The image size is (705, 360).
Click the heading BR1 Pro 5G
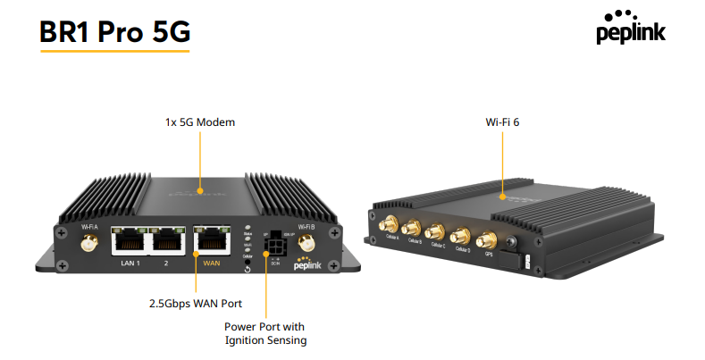click(x=114, y=31)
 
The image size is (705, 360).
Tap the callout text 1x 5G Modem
click(x=200, y=121)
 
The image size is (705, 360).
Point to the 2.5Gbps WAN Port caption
click(x=194, y=303)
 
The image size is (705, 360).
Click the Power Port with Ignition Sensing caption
click(x=265, y=333)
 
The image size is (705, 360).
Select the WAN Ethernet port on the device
click(x=210, y=239)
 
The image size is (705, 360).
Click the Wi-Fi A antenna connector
click(x=89, y=242)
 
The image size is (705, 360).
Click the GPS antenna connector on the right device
click(x=488, y=240)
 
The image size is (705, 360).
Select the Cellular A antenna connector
click(x=391, y=223)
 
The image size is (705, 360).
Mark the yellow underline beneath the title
click(x=114, y=51)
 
